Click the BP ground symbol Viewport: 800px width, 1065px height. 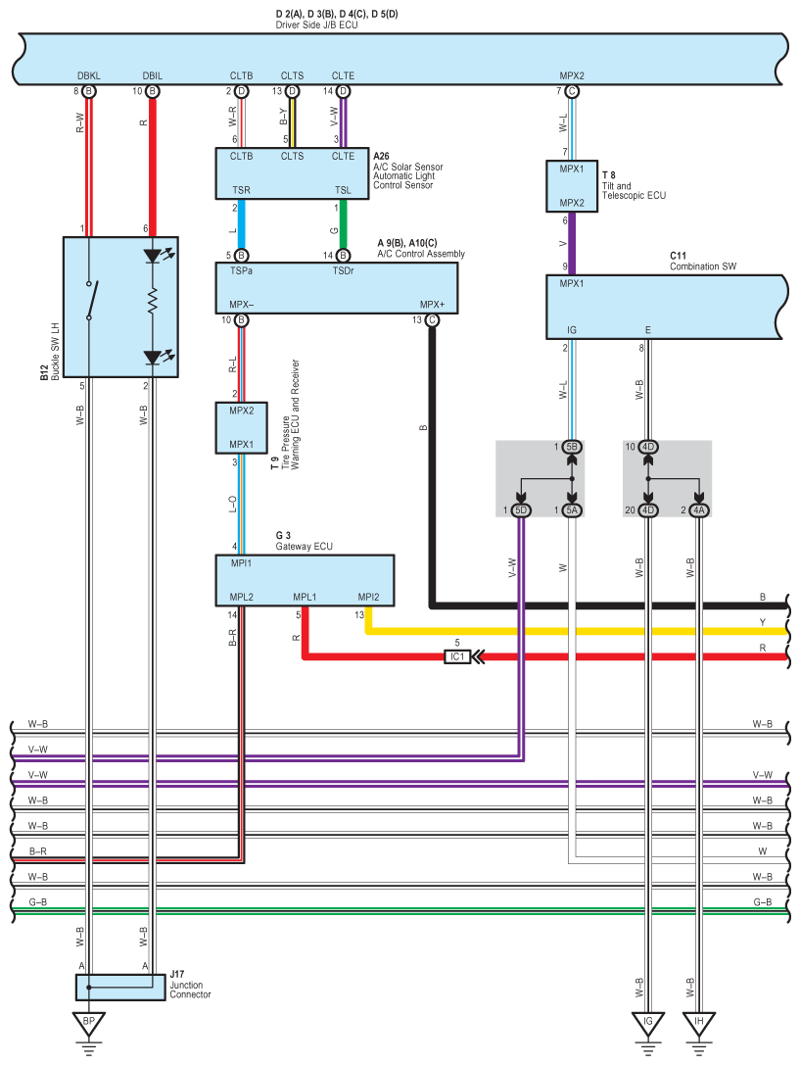[x=88, y=1025]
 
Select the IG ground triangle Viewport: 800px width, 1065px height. [x=647, y=1025]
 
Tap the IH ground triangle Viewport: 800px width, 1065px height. [x=699, y=1025]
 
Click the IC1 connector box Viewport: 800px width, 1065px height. [x=456, y=656]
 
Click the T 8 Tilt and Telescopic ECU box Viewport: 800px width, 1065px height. [x=572, y=186]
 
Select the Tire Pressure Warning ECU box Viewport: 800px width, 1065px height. [x=242, y=427]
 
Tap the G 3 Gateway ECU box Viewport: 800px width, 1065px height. [x=305, y=581]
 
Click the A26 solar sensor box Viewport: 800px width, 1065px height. [x=293, y=173]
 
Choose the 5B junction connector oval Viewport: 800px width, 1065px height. [x=572, y=448]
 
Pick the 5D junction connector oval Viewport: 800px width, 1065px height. [x=522, y=510]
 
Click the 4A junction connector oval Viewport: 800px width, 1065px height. [x=699, y=510]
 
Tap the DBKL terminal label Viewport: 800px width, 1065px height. [x=88, y=75]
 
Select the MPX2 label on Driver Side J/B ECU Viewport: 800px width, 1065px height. [x=572, y=75]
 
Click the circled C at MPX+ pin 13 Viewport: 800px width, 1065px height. [x=431, y=320]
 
